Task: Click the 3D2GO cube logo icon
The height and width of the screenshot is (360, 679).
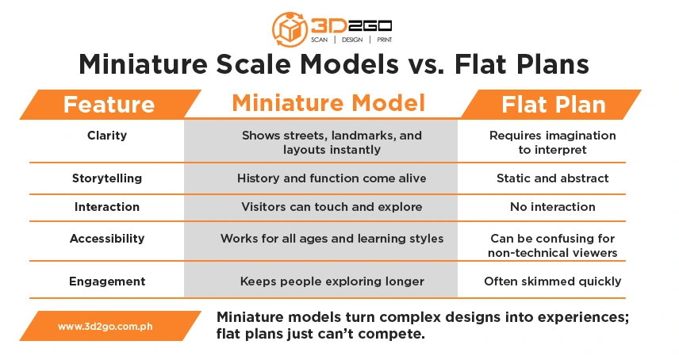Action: (290, 29)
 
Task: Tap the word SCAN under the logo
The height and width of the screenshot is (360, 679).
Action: (319, 40)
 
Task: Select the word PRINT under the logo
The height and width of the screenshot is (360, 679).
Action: (385, 40)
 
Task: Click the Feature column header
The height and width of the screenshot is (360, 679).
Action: (109, 105)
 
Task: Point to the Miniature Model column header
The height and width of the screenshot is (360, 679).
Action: (328, 103)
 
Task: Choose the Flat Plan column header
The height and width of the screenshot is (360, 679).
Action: (554, 105)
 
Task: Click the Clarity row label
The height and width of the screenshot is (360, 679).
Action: (107, 136)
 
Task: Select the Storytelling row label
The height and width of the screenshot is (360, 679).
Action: (107, 178)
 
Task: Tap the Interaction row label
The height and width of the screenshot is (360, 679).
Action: (107, 207)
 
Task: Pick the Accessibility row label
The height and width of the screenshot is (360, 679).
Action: (107, 239)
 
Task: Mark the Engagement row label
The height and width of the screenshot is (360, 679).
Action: (107, 281)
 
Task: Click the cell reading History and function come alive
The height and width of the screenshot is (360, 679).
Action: (332, 178)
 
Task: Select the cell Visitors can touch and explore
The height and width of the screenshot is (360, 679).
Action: (332, 207)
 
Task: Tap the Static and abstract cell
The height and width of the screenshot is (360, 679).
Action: (553, 178)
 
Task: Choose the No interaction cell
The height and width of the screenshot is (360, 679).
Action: (553, 207)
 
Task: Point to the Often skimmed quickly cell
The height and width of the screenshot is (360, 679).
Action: (553, 281)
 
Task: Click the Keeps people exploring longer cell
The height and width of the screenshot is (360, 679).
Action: (332, 281)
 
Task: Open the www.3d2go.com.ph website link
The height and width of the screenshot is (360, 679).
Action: (105, 326)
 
